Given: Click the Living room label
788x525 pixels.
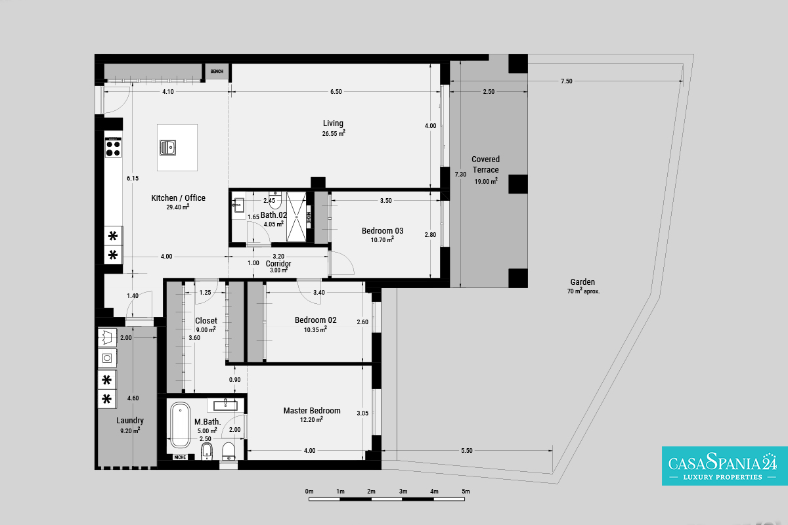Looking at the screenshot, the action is tap(333, 123).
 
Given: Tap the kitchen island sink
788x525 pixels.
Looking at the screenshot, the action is tap(168, 148).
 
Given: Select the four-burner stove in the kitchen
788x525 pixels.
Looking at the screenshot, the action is tap(113, 148).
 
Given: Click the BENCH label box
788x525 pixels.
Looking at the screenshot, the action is tap(217, 72).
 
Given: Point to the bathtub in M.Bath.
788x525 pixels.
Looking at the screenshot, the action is tap(180, 425).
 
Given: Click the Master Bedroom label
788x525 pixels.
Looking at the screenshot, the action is tap(312, 411).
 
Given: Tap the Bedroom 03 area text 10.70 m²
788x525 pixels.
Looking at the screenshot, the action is tap(382, 240).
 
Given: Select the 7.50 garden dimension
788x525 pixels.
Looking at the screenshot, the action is tap(566, 81).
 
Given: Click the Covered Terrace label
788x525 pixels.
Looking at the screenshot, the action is tap(485, 165).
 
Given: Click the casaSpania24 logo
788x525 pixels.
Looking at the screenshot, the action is tap(725, 466).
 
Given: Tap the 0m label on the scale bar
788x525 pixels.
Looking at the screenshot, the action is tap(309, 492).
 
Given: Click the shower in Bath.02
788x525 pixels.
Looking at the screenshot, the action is tap(296, 217).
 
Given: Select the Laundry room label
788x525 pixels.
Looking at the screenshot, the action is tap(130, 421).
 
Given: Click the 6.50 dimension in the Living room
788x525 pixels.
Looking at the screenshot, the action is tap(336, 92).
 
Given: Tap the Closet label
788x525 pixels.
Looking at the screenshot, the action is tap(206, 321).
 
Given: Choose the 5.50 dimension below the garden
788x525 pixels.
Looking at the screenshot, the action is tap(467, 451).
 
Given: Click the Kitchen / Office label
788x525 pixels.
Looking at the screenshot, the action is tap(179, 198).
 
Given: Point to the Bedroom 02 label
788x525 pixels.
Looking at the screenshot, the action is tap(316, 320).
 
